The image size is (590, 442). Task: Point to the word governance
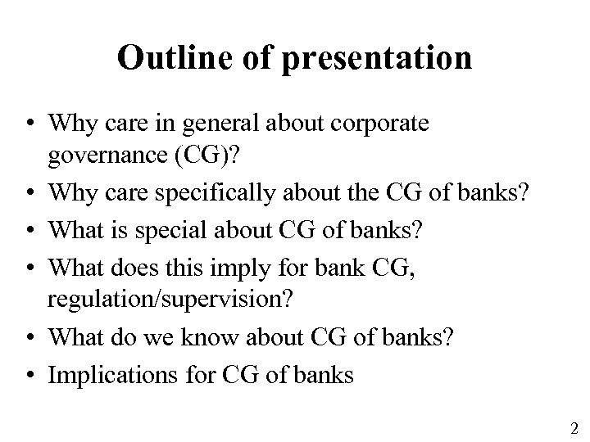tap(102, 154)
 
